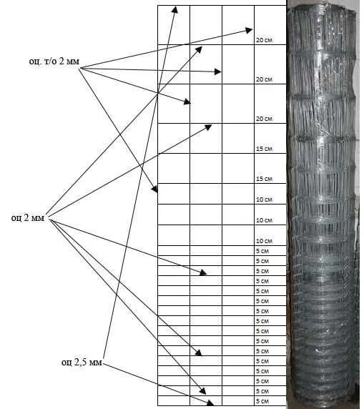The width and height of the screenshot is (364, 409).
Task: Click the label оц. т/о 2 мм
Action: click(x=54, y=61)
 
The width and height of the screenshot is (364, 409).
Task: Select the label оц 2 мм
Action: click(x=28, y=217)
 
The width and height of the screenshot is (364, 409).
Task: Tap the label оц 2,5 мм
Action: click(x=82, y=363)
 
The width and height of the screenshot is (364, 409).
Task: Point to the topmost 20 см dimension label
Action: click(x=264, y=40)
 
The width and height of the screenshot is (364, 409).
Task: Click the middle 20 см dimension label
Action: click(x=264, y=79)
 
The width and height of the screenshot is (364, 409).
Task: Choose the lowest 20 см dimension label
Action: click(x=264, y=119)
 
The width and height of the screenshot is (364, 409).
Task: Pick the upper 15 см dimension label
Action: click(x=264, y=149)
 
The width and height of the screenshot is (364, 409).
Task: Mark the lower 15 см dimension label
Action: click(x=264, y=179)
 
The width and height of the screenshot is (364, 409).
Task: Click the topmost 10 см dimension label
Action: click(x=264, y=199)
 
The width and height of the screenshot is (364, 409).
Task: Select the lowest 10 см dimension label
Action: click(x=264, y=241)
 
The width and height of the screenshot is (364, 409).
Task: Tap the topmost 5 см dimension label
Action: click(x=262, y=251)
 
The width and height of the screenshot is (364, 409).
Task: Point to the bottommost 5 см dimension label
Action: click(x=262, y=401)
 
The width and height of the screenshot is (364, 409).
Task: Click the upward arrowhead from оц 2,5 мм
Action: click(x=175, y=9)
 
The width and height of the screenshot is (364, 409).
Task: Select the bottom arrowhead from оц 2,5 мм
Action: click(x=210, y=403)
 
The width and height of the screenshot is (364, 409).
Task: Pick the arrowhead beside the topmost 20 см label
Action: click(x=249, y=30)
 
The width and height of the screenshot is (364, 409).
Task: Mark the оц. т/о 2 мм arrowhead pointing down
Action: click(x=155, y=189)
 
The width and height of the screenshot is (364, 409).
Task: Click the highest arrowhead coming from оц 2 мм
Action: click(x=199, y=49)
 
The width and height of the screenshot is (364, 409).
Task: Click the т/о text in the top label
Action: click(x=50, y=61)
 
